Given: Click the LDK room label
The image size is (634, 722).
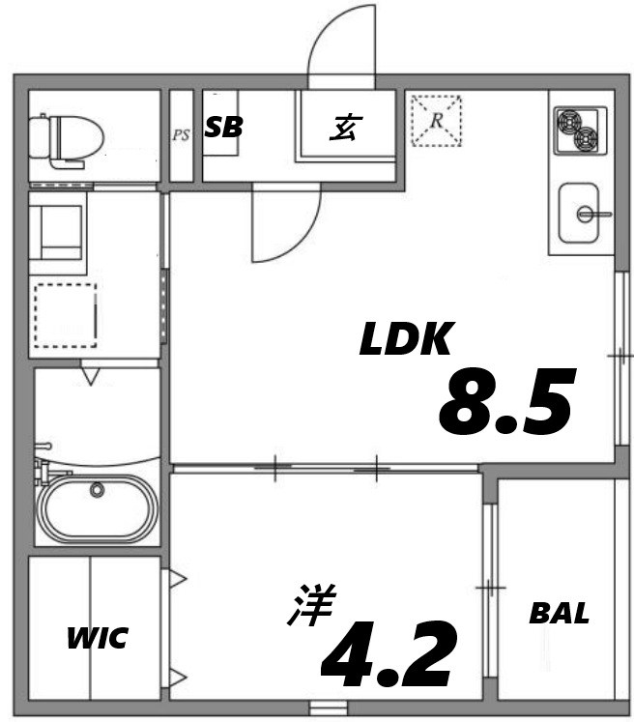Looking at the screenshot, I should point(406,339).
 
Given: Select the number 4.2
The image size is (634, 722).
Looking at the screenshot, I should point(388,653).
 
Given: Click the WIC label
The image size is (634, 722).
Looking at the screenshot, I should point(97,639).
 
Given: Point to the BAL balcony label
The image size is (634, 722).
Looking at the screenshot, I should point(559,613).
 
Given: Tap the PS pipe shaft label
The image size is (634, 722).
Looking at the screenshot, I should point(181,135).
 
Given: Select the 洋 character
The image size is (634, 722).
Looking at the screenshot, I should point(311,606).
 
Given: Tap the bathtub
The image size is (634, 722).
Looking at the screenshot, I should point(97,508).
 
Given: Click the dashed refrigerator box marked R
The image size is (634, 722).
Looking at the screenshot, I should point(436,121).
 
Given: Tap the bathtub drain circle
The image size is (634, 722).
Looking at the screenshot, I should point(97,490).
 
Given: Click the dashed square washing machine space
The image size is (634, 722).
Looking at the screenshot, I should point(66,316).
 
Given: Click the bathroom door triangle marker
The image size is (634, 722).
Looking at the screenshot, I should point(91,373).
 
